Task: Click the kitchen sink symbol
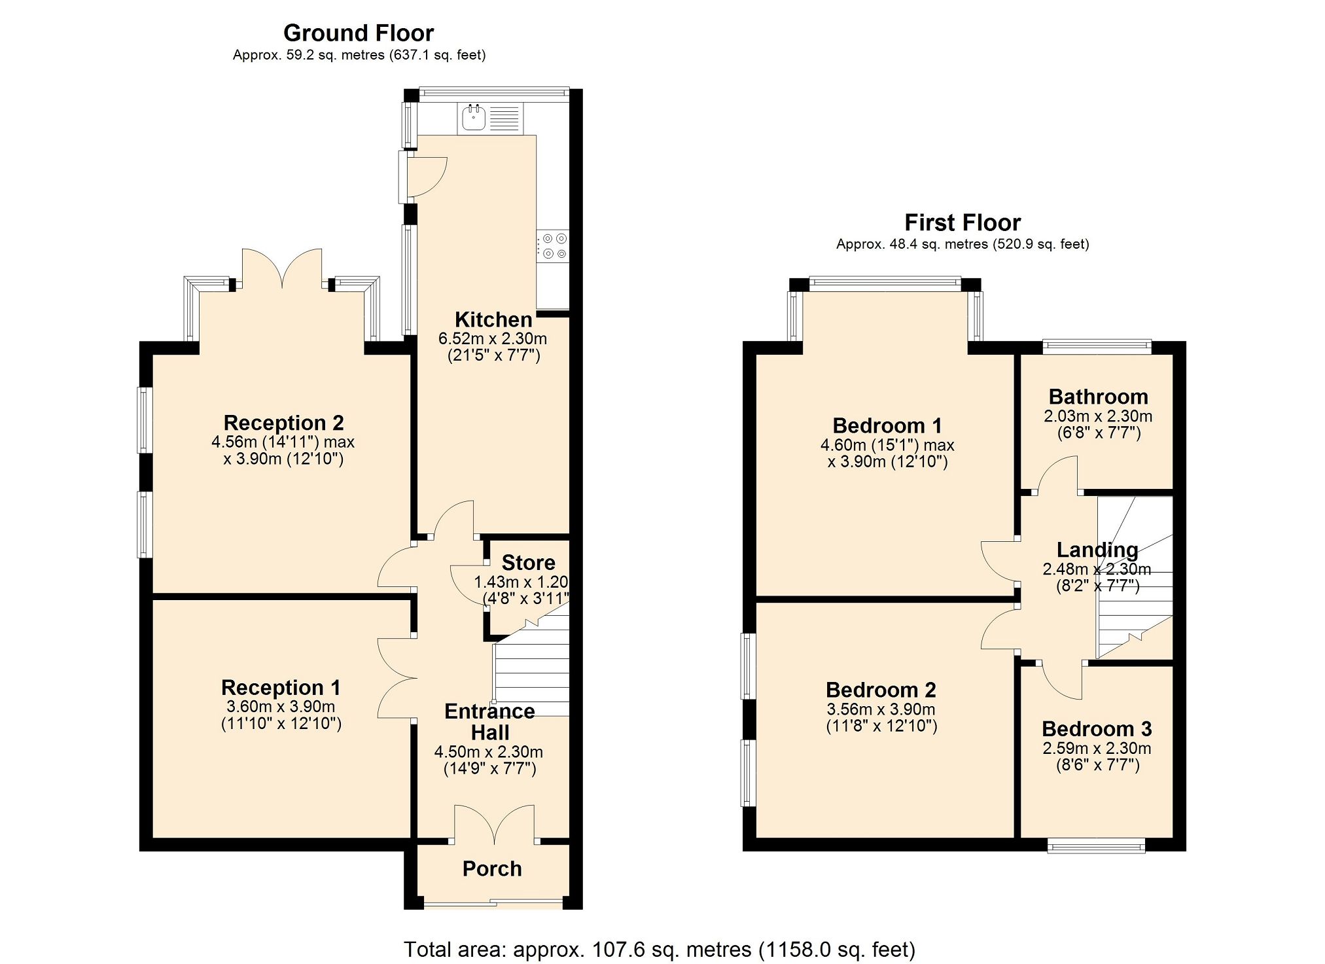(474, 118)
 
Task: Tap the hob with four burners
(554, 246)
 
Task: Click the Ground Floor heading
(358, 33)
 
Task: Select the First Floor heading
(962, 223)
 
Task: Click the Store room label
(528, 563)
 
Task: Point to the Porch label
(492, 868)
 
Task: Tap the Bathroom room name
(1098, 397)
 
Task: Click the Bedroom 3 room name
(1097, 728)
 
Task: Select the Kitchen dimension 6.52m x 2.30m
(492, 338)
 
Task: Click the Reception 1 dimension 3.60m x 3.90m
(281, 706)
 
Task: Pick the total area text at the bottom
(659, 949)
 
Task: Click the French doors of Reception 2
(282, 268)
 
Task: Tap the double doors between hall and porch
(495, 823)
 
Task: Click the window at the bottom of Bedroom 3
(1096, 847)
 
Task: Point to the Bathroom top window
(1097, 346)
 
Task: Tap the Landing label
(1097, 550)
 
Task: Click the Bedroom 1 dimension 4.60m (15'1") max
(887, 445)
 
